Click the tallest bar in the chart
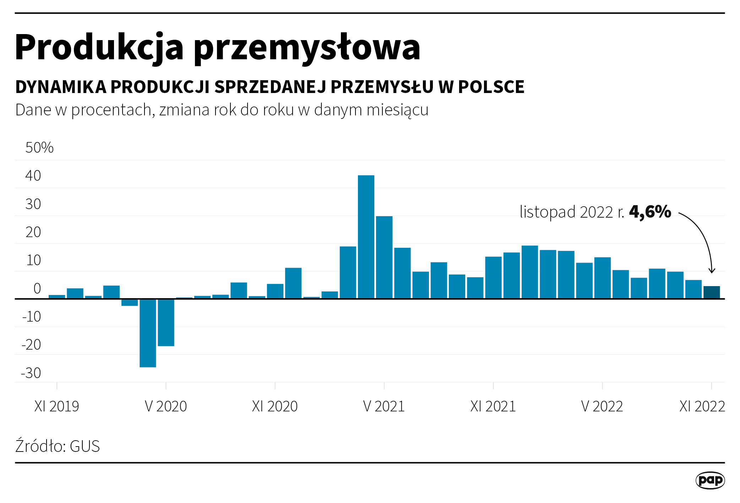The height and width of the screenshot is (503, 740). pyautogui.click(x=366, y=237)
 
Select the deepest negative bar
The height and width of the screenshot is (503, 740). pyautogui.click(x=148, y=333)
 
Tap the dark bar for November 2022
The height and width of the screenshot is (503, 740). pyautogui.click(x=712, y=292)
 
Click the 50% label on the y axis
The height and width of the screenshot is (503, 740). pyautogui.click(x=39, y=148)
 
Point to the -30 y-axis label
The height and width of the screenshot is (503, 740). pyautogui.click(x=31, y=373)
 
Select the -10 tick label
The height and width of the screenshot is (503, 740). pyautogui.click(x=32, y=317)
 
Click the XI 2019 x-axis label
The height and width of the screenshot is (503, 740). pyautogui.click(x=56, y=406)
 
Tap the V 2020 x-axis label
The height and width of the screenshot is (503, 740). pyautogui.click(x=166, y=406)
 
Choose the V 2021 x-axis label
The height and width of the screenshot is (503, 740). pyautogui.click(x=384, y=406)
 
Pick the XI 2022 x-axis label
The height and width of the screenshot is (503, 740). pyautogui.click(x=702, y=406)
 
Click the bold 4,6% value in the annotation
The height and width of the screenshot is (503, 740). pyautogui.click(x=650, y=212)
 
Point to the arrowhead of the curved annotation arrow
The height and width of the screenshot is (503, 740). pyautogui.click(x=712, y=271)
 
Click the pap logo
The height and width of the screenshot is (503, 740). pyautogui.click(x=710, y=480)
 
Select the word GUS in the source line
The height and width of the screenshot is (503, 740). pyautogui.click(x=85, y=446)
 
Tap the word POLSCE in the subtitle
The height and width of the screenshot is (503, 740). pyautogui.click(x=491, y=87)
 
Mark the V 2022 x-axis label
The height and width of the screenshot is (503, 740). pyautogui.click(x=602, y=406)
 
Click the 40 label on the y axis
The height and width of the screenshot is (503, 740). pyautogui.click(x=33, y=176)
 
